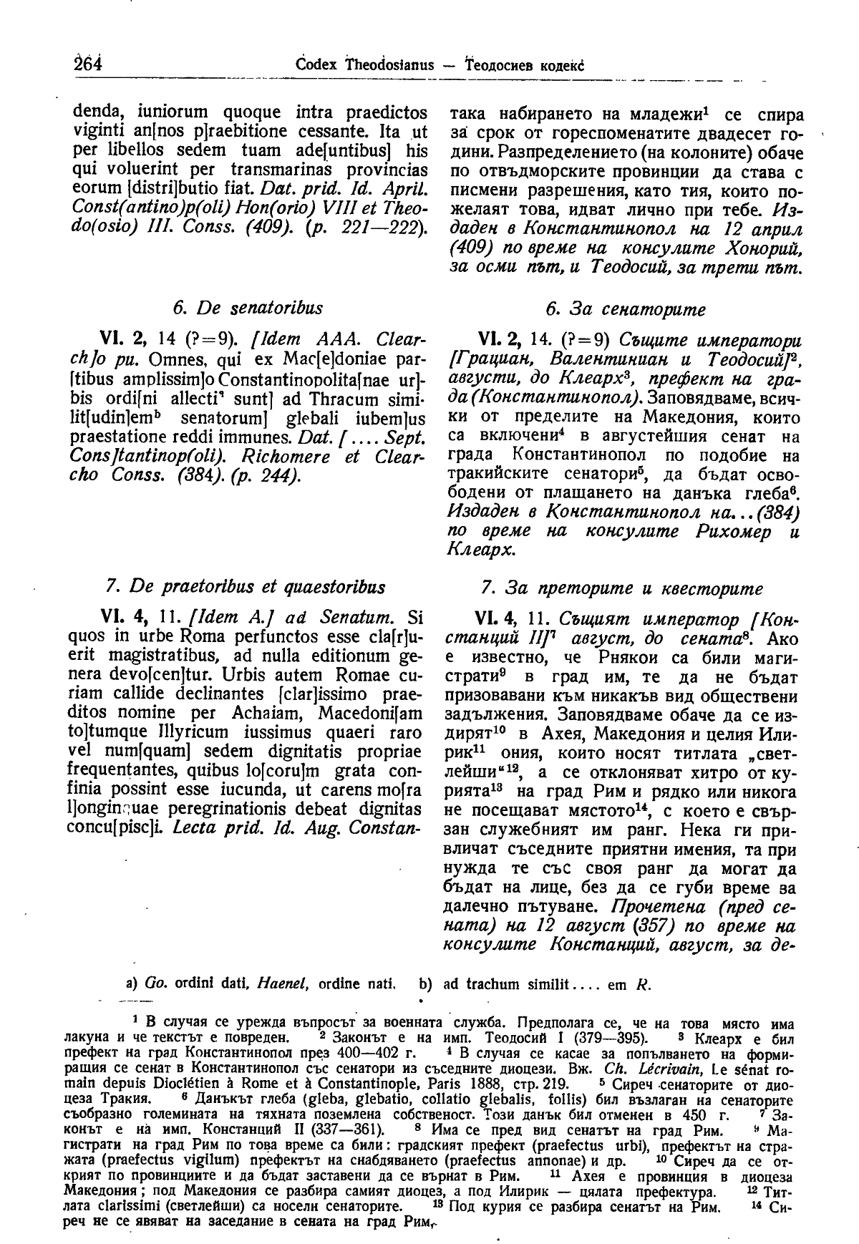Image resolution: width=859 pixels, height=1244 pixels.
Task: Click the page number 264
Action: coord(88,64)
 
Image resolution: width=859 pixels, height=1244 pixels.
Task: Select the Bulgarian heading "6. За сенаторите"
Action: coord(625,309)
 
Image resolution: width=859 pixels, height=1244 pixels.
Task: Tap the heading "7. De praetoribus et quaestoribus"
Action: coord(245,587)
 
